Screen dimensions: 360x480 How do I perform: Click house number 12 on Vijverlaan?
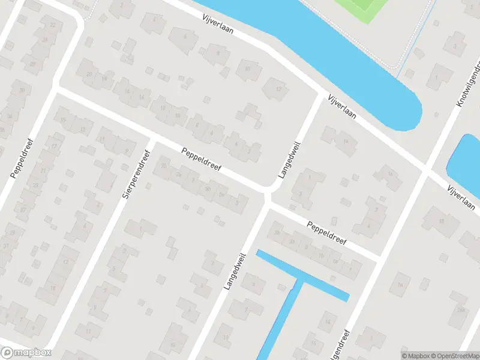(277, 90)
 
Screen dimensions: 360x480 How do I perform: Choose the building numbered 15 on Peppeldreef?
(64, 119)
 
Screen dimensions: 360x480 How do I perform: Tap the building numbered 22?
(53, 25)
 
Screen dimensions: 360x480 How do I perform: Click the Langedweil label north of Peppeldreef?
(289, 160)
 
